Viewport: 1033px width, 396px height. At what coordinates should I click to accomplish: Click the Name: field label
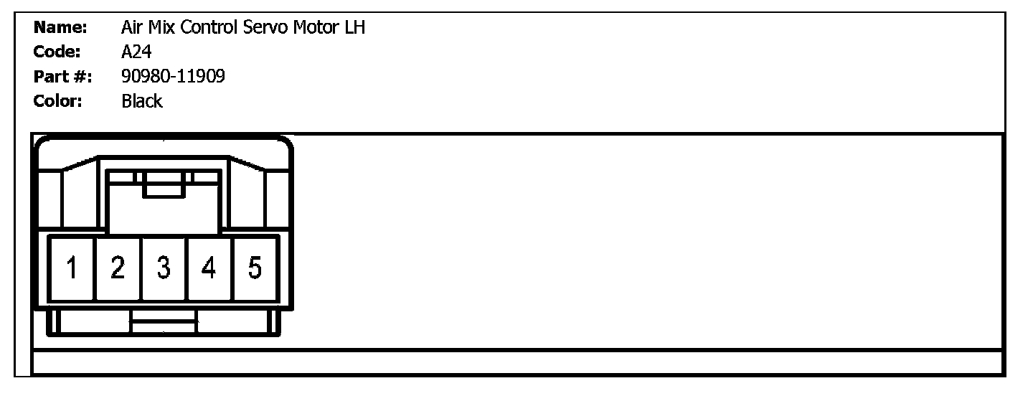pyautogui.click(x=60, y=28)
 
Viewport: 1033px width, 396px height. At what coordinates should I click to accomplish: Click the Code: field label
pyautogui.click(x=57, y=52)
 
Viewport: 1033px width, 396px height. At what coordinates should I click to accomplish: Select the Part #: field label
pyautogui.click(x=62, y=76)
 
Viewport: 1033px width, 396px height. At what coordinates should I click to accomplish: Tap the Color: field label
pyautogui.click(x=58, y=101)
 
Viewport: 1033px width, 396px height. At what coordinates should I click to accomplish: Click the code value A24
pyautogui.click(x=136, y=52)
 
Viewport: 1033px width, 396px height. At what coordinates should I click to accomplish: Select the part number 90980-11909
pyautogui.click(x=173, y=76)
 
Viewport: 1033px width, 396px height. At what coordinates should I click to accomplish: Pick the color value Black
pyautogui.click(x=142, y=101)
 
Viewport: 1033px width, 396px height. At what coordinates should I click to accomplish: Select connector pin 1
pyautogui.click(x=72, y=268)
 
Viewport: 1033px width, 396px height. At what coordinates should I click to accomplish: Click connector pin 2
pyautogui.click(x=118, y=268)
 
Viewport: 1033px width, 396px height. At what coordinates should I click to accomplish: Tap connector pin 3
pyautogui.click(x=164, y=268)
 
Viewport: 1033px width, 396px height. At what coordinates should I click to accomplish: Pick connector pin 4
pyautogui.click(x=209, y=268)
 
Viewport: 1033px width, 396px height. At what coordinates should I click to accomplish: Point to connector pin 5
pyautogui.click(x=255, y=268)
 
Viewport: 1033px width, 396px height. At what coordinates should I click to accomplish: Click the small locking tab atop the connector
pyautogui.click(x=164, y=184)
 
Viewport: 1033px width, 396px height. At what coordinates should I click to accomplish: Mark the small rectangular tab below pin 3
pyautogui.click(x=164, y=322)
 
